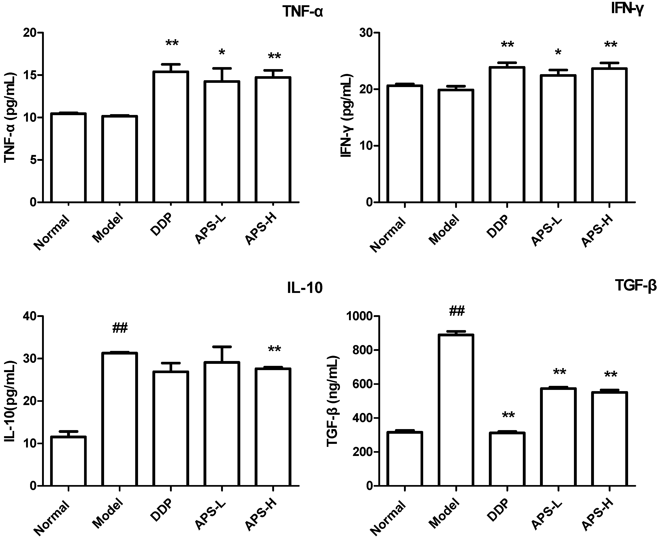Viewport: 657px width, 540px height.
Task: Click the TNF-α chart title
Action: (303, 12)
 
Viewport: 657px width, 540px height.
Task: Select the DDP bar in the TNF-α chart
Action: (171, 137)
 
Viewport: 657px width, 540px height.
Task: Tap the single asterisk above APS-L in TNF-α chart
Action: (222, 52)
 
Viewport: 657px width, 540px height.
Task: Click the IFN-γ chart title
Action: (627, 9)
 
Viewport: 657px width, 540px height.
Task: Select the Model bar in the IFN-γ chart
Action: (456, 146)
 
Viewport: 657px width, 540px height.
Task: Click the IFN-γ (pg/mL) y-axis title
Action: (346, 115)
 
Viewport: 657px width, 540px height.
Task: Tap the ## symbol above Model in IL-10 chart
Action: (120, 328)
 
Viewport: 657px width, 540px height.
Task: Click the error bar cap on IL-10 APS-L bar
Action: (222, 346)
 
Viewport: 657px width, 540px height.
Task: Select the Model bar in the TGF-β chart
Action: (456, 411)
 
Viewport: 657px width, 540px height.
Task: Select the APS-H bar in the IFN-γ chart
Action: (609, 135)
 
